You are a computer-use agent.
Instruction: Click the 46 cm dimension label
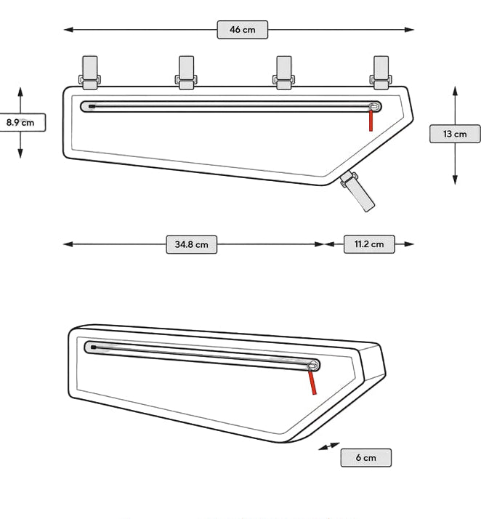click(243, 30)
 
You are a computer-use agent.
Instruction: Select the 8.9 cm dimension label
click(20, 122)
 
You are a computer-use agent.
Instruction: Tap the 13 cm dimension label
click(455, 134)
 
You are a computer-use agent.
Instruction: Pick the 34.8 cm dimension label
click(192, 245)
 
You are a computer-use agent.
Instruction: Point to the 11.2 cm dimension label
click(369, 244)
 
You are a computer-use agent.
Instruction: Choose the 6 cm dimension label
click(366, 458)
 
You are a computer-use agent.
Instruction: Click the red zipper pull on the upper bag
click(371, 121)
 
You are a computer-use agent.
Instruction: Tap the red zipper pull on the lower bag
click(312, 382)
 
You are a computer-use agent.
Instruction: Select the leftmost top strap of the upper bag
click(89, 73)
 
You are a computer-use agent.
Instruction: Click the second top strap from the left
click(186, 73)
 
